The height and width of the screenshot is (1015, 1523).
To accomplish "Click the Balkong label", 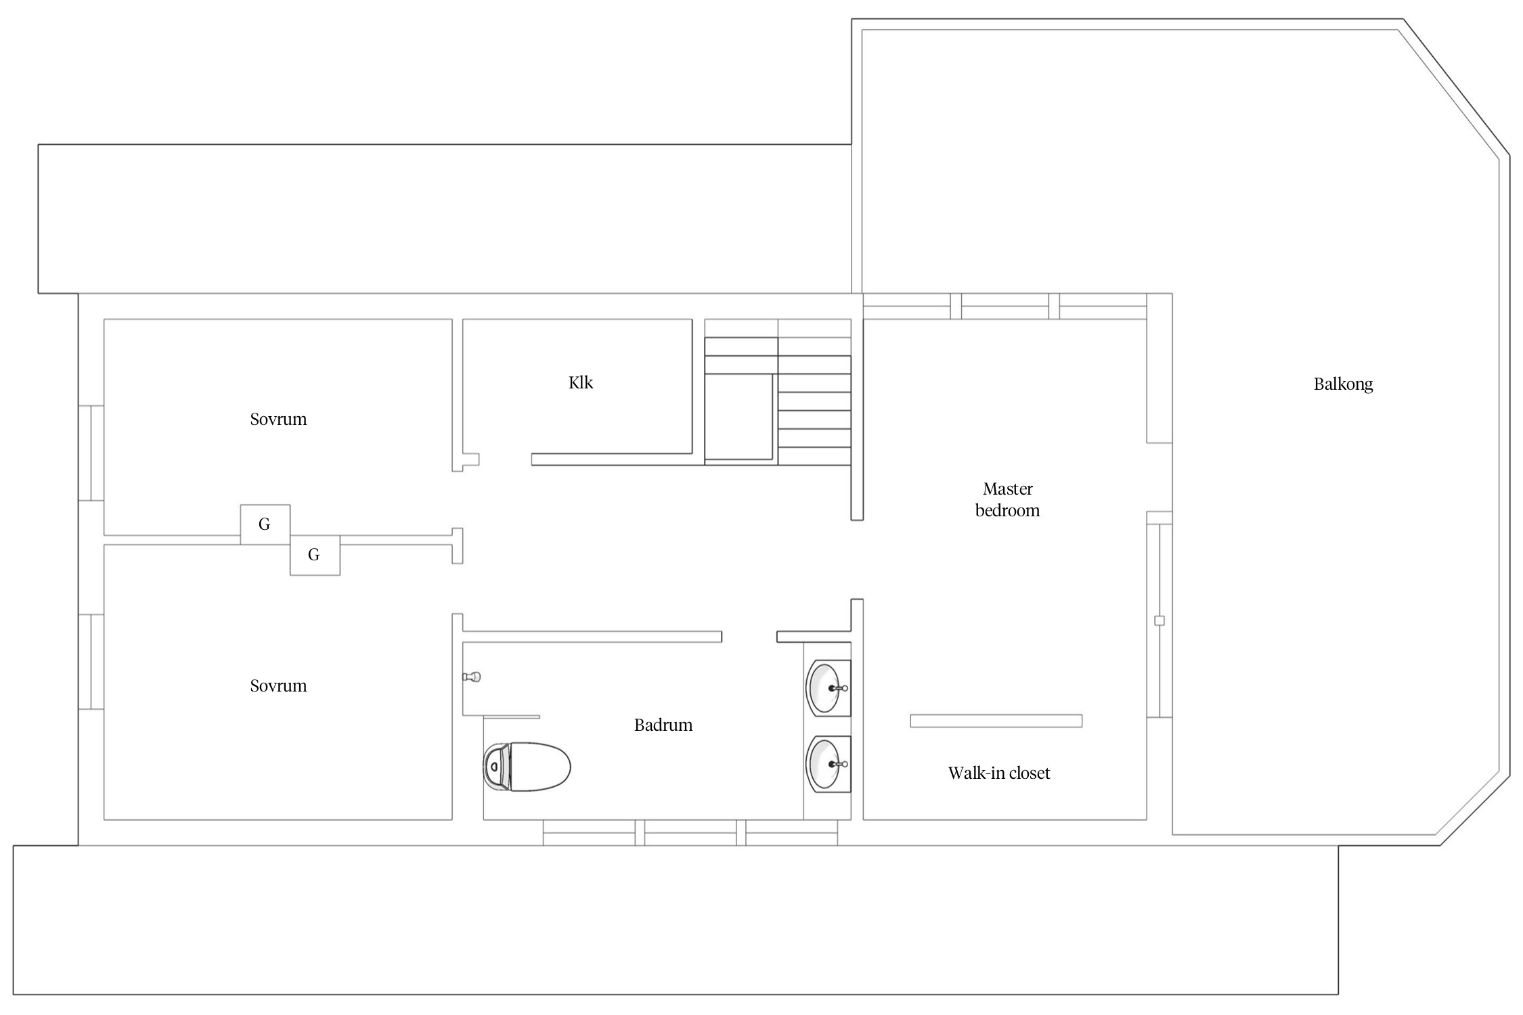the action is click(1343, 384).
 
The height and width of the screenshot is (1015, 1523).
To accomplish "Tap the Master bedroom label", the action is click(1007, 499).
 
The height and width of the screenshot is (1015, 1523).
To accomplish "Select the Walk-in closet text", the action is click(999, 773).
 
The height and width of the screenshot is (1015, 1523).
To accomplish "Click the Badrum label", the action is click(663, 725).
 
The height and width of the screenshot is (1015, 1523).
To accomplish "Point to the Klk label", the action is click(581, 382).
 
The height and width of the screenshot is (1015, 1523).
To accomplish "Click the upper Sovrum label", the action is click(278, 419).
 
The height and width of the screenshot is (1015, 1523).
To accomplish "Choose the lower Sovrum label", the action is click(278, 685).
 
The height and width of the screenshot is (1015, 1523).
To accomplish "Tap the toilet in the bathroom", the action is click(527, 767).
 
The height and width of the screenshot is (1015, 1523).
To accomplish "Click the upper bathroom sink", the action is click(828, 688).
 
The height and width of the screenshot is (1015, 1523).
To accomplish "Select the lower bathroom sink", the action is click(828, 764).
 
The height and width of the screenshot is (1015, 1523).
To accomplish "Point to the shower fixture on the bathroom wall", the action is click(471, 676).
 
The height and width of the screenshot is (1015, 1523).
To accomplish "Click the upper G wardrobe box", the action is click(265, 524).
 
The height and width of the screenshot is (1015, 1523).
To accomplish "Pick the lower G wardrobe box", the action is click(315, 555).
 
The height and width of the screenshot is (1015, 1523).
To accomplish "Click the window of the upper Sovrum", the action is click(91, 453).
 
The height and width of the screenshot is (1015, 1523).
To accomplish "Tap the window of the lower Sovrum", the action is click(91, 662).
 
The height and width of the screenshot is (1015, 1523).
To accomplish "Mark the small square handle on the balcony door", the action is click(1159, 621).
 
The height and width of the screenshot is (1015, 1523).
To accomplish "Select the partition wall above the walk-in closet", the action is click(996, 721).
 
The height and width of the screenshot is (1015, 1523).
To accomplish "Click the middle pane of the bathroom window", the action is click(690, 832).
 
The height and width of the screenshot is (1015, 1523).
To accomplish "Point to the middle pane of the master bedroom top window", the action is click(1005, 306).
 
